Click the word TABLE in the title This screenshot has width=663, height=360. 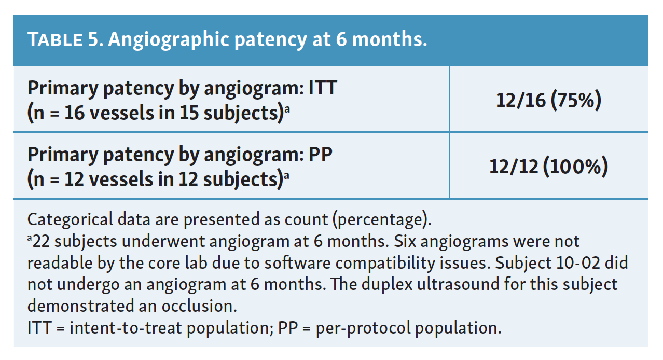pos(55,39)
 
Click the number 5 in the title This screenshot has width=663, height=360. pos(93,39)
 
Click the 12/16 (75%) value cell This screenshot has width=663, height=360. pos(548,100)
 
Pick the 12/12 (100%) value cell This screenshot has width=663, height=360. pos(548,167)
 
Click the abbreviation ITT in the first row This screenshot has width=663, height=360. pos(323,88)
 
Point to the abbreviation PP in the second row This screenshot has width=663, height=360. pos(321,154)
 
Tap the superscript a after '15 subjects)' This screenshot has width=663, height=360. pos(287,109)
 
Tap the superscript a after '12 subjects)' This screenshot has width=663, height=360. pos(286,175)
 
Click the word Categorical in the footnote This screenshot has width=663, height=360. pos(70,219)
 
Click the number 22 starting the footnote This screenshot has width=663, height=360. pos(41,241)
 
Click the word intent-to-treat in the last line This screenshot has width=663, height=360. pos(126,328)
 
